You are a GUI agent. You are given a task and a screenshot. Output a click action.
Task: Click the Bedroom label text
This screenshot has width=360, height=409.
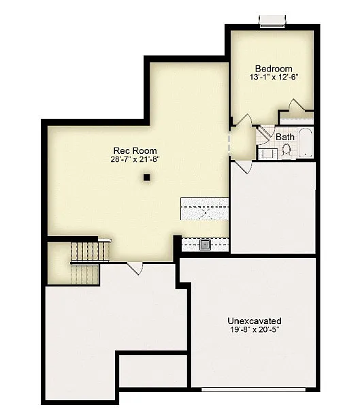[x=274, y=69]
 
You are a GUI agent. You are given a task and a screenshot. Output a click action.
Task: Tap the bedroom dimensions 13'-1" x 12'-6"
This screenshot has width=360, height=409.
[x=274, y=78]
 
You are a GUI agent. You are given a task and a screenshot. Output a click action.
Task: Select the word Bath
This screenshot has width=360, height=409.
[x=285, y=137]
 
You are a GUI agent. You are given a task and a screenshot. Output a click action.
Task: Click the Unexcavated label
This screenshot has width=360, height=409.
[x=254, y=320]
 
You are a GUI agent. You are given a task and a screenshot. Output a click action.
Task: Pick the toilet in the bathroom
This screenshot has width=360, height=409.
[x=285, y=150]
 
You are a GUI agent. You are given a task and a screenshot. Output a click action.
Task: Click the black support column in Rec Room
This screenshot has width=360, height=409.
[x=146, y=178]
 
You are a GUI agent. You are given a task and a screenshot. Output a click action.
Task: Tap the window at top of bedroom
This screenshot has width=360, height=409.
[x=272, y=22]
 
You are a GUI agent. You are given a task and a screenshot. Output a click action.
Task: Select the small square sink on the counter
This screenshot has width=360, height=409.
[x=205, y=244]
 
